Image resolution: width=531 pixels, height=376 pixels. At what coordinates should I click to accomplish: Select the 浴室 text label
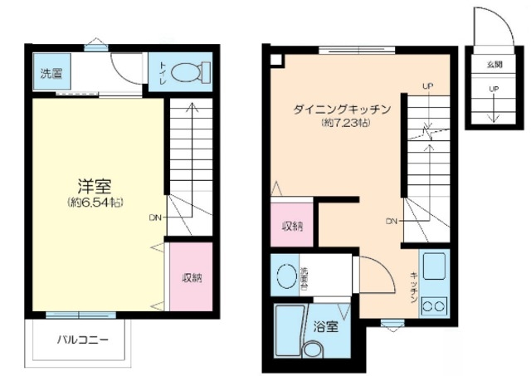point(325,326)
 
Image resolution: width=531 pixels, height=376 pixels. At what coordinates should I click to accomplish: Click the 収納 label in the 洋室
point(192,278)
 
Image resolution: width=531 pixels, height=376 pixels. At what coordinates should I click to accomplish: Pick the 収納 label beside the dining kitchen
point(291,226)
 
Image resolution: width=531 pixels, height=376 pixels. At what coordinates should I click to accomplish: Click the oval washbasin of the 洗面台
point(286,276)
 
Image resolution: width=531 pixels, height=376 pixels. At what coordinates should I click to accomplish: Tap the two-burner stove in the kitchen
point(435,305)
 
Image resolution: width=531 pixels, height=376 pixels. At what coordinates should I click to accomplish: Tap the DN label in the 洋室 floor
point(155,218)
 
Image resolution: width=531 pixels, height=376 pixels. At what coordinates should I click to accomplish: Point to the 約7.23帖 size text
point(343,123)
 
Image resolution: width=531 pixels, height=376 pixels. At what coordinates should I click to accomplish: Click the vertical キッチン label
point(412,286)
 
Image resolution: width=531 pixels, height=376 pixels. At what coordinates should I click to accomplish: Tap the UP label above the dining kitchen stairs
point(427,85)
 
